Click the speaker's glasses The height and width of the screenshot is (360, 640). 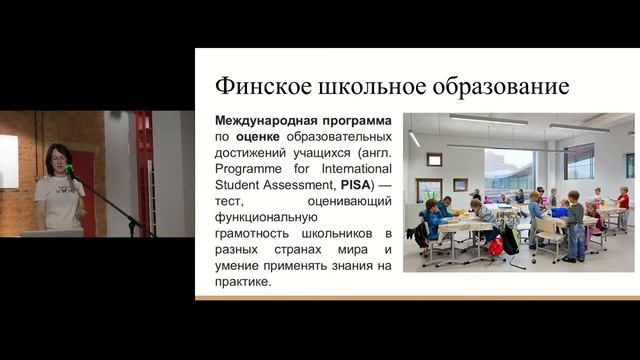point(57,158)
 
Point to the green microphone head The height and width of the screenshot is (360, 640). point(69,170)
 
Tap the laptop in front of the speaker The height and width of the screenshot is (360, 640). point(51,233)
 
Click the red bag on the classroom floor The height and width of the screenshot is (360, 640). point(496,245)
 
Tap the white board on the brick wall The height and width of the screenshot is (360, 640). point(8,160)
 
